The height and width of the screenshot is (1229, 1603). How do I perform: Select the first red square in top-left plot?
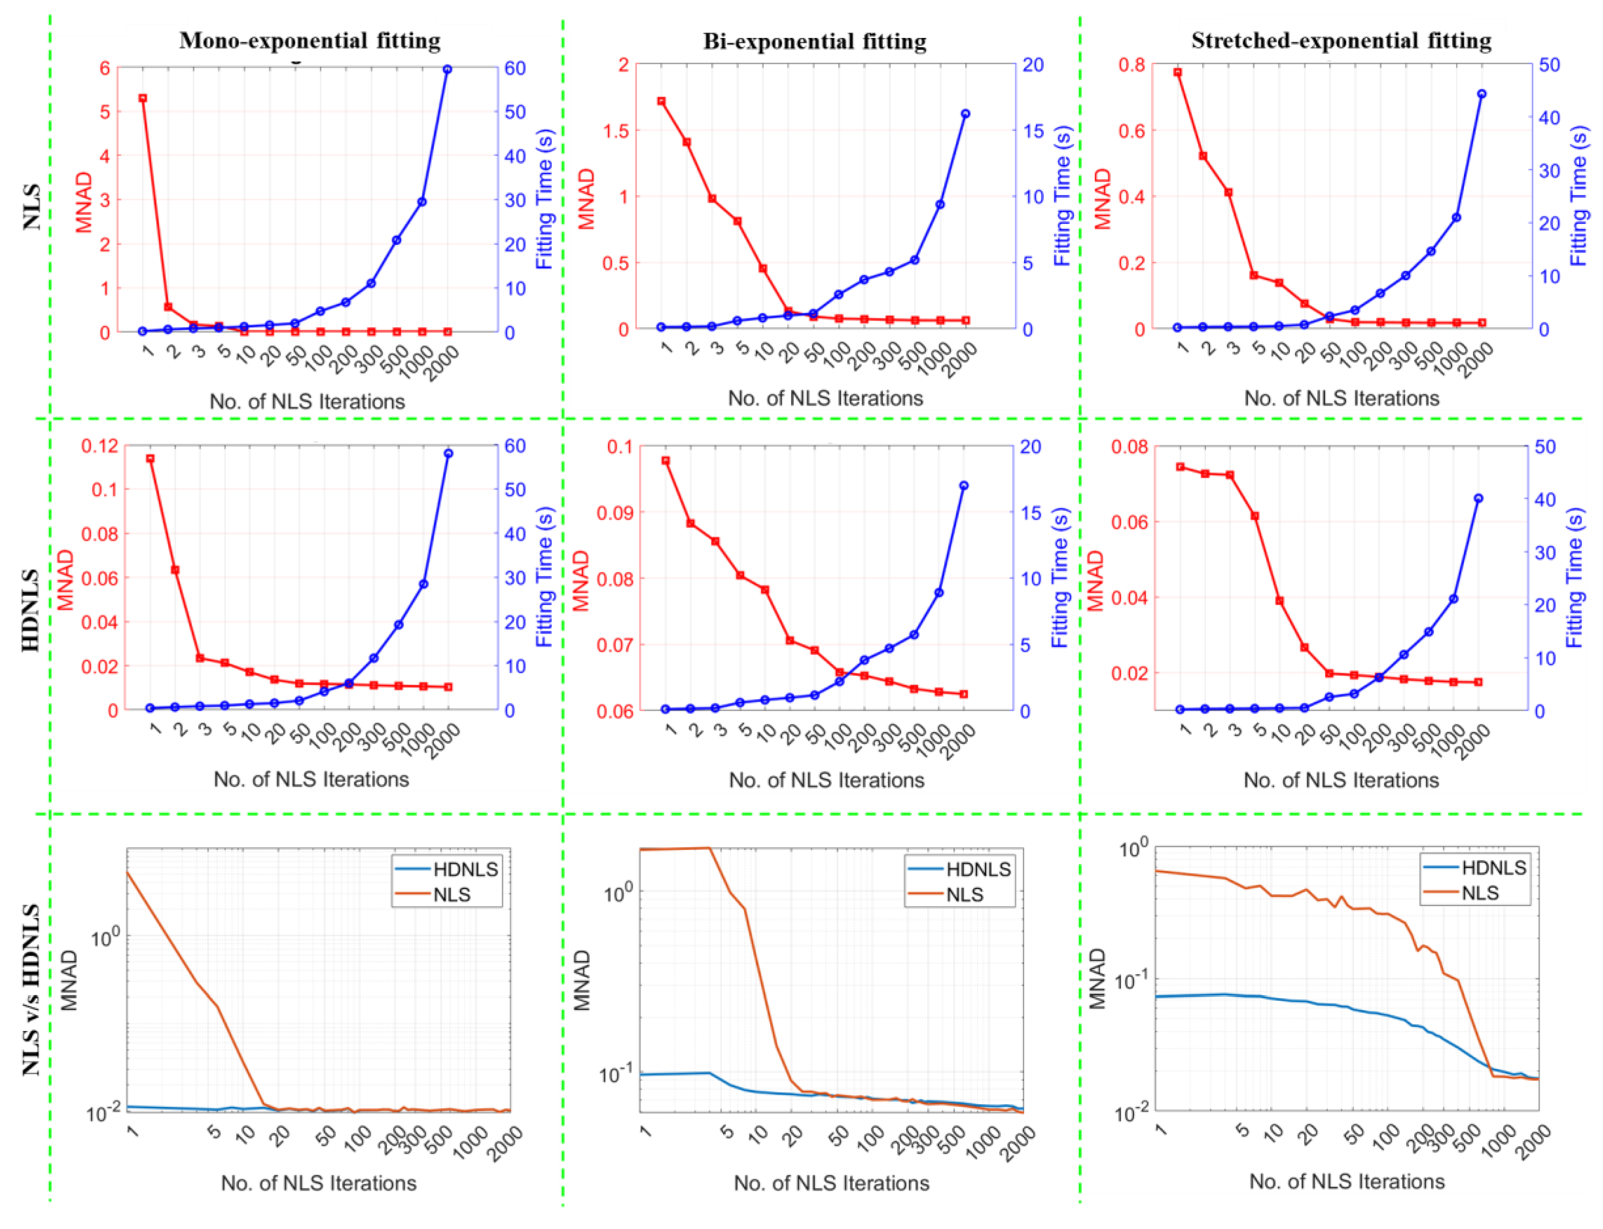[x=144, y=98]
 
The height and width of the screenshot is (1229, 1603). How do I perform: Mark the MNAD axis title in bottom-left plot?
[x=69, y=980]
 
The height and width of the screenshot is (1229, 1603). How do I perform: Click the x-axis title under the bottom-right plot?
[x=1347, y=1181]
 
